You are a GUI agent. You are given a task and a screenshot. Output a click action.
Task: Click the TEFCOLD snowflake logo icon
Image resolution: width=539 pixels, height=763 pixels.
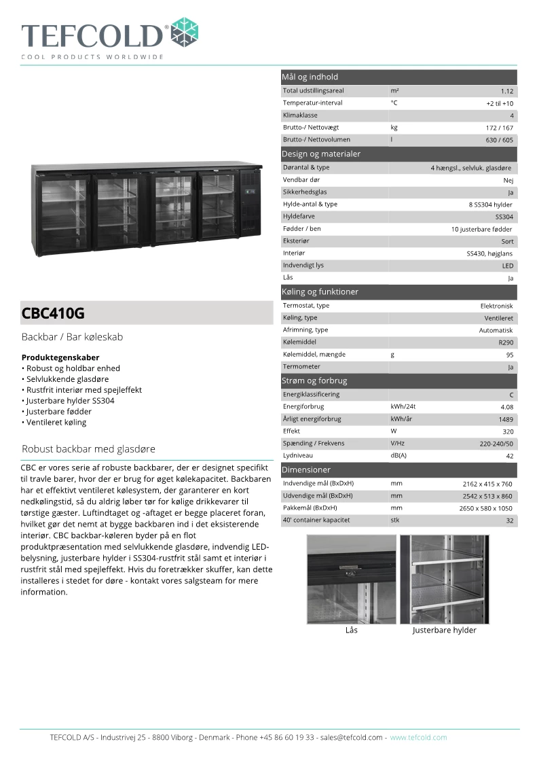pos(184,32)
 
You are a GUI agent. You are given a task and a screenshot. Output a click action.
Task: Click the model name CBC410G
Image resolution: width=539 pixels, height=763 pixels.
pos(54,314)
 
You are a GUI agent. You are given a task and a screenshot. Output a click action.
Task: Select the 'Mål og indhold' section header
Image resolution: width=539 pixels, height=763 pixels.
pos(310,77)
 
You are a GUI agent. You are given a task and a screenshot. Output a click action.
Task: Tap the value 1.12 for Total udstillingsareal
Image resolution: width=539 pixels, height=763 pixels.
pos(506,91)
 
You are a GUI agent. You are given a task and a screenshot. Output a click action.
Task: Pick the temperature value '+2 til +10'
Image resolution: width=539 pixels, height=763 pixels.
pos(500,103)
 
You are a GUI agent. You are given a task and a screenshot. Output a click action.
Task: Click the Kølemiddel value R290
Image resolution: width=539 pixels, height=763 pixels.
pos(506,342)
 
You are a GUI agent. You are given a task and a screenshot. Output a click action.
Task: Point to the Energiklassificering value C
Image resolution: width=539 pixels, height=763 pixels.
pos(511,395)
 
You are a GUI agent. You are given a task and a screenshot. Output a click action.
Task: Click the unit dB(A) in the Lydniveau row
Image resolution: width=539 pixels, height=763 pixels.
pos(398,456)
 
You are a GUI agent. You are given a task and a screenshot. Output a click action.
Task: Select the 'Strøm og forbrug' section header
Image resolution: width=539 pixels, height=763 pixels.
pos(315,380)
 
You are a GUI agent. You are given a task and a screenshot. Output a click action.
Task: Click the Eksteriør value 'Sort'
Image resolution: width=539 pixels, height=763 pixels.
pos(507,241)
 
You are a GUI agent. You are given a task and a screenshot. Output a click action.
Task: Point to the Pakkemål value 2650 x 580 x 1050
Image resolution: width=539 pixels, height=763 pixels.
pos(486,508)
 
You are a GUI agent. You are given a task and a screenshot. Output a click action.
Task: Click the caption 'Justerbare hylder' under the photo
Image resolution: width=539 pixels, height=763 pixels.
pos(445,630)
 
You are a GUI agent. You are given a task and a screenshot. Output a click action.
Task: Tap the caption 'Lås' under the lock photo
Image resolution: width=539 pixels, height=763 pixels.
pos(351,630)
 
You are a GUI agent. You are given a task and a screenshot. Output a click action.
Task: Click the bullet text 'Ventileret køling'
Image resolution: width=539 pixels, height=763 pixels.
pos(56,422)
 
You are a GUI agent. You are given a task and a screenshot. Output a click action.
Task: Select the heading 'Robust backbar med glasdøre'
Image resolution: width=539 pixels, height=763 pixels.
pos(89,449)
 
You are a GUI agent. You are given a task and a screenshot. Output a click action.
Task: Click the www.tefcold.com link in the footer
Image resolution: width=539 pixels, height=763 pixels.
pos(418,737)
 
